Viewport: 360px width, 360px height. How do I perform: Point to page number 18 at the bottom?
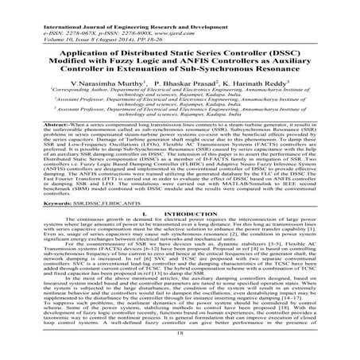pyautogui.click(x=179, y=350)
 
